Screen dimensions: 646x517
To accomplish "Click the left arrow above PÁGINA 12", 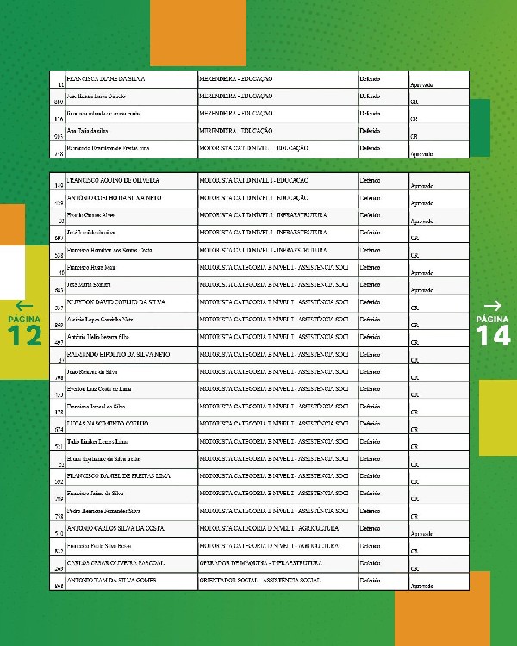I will point(23,305).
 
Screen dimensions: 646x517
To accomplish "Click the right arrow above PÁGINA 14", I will point(493,305).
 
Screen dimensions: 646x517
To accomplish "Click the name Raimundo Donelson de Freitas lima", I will point(109,148).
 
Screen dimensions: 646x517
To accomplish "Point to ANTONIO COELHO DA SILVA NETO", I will point(109,197).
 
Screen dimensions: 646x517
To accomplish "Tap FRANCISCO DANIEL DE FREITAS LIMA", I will point(118,475).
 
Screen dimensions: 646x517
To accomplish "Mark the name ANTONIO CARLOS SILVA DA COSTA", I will point(115,527).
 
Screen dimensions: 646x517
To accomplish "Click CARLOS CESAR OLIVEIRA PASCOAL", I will point(115,562).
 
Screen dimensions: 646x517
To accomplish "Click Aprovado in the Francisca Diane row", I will point(421,84).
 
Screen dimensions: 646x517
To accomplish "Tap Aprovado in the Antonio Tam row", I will point(421,586).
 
